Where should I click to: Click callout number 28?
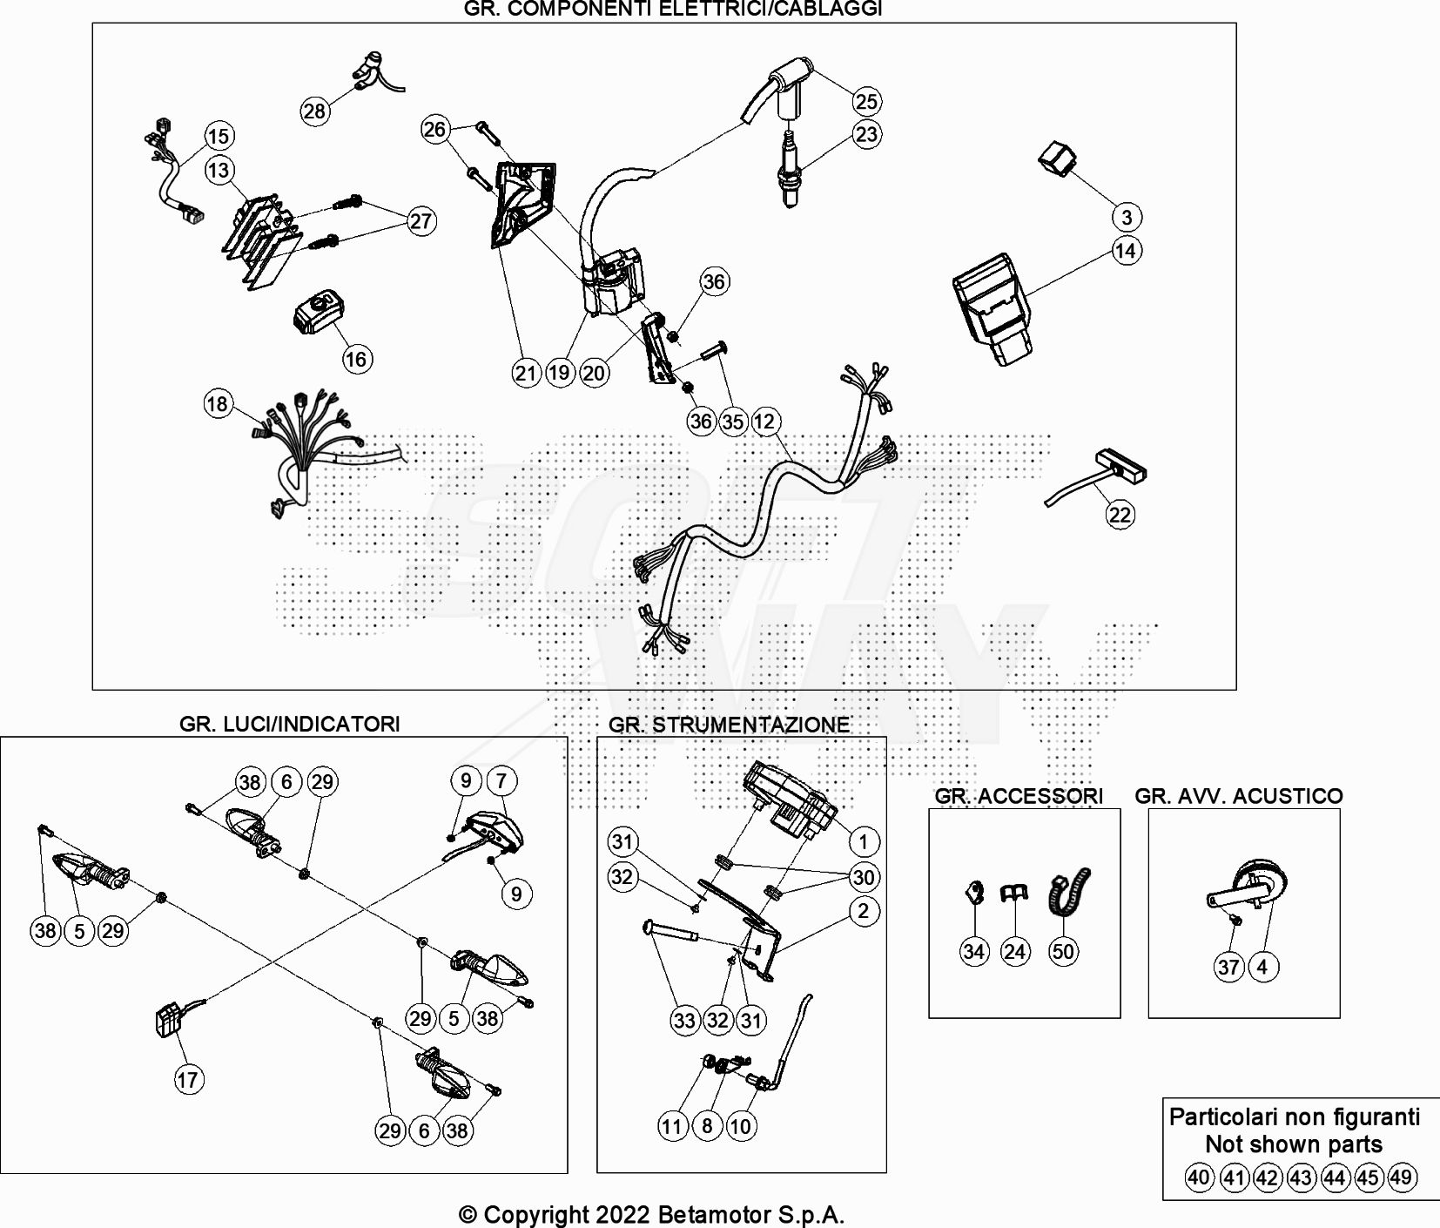(314, 111)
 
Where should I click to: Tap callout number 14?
(1126, 251)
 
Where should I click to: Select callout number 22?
(1120, 515)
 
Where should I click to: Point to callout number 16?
(356, 359)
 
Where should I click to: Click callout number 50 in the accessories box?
(1062, 951)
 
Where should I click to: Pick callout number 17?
(188, 1080)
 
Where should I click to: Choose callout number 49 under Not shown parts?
(1400, 1177)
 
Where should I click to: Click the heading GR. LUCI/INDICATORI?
(289, 724)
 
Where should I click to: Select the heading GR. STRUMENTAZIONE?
(729, 725)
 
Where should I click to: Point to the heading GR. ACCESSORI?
(1019, 795)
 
